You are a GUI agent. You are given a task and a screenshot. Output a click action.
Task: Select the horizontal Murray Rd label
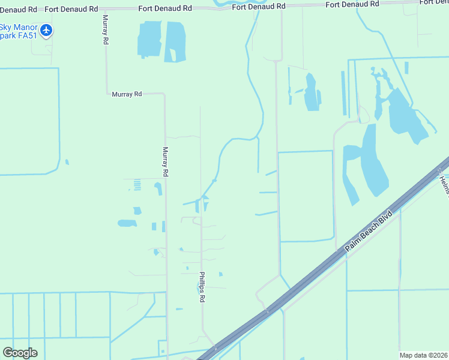(127, 94)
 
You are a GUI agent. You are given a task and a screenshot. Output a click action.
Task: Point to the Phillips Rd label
(203, 286)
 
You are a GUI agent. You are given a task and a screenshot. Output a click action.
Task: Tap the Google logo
(20, 352)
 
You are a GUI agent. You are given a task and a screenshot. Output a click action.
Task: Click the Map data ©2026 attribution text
(424, 355)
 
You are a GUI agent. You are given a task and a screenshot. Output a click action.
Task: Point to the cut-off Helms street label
(444, 184)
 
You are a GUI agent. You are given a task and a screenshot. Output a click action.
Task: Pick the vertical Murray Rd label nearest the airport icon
(105, 30)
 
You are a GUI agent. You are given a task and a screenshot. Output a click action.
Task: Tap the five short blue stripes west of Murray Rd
(137, 185)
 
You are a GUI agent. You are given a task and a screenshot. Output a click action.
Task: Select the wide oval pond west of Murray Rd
(127, 223)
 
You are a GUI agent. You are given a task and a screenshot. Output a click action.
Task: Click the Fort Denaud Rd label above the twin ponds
(165, 8)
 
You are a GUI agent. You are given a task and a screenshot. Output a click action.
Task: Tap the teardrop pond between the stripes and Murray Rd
(158, 189)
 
